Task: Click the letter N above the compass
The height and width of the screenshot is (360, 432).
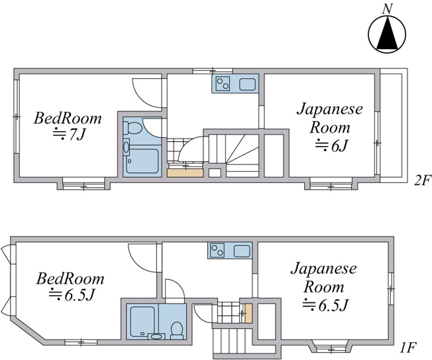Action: click(387, 9)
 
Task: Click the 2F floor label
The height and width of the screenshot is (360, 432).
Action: click(422, 181)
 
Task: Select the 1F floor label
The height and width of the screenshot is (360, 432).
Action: click(408, 348)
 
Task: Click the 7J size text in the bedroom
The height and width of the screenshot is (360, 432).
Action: click(77, 135)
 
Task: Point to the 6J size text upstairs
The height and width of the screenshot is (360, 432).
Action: click(339, 146)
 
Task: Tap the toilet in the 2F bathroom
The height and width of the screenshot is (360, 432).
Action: click(133, 128)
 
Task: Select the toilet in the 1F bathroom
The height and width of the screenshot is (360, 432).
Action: click(177, 330)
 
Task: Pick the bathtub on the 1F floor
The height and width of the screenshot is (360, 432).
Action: click(142, 322)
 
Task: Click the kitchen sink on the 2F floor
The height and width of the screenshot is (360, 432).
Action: click(247, 84)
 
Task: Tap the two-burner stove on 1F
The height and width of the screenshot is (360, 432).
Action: click(217, 251)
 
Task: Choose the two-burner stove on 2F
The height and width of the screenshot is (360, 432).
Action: click(223, 84)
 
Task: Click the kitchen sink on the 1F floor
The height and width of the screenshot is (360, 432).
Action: click(243, 251)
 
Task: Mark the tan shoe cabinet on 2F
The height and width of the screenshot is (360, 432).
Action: click(185, 173)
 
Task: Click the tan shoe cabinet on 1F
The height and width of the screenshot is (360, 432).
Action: click(248, 313)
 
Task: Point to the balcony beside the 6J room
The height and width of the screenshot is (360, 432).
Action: click(394, 125)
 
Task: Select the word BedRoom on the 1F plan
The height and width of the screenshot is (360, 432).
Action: click(70, 278)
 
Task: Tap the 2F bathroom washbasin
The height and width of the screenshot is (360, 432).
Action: click(126, 147)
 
